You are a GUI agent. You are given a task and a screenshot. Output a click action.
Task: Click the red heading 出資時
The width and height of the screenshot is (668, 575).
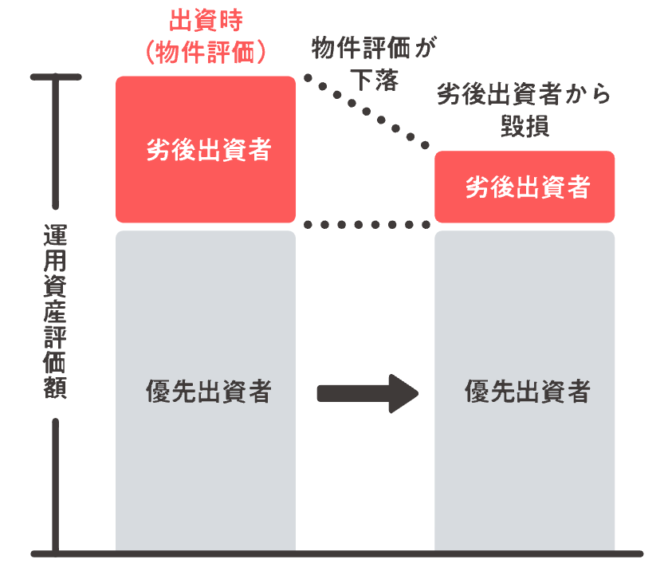(206, 20)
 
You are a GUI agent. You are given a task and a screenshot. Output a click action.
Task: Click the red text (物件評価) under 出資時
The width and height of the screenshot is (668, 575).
(206, 53)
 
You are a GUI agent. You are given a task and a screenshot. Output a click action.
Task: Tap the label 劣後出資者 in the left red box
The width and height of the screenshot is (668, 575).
(209, 150)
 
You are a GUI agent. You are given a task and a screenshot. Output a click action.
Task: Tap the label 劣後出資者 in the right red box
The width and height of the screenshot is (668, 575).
(528, 187)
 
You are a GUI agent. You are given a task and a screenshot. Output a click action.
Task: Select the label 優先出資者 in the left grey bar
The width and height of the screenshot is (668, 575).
(209, 391)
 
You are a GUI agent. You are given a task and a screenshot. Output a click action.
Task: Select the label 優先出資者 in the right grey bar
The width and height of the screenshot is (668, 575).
(528, 391)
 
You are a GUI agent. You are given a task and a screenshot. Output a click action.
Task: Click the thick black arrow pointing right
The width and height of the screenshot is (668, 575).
(367, 393)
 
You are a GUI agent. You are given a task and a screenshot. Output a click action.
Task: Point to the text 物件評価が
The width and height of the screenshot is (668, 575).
(374, 48)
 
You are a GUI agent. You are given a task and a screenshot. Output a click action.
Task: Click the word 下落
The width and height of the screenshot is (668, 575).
(374, 80)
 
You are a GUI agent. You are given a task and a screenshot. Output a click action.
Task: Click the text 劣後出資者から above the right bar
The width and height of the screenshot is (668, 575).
(524, 94)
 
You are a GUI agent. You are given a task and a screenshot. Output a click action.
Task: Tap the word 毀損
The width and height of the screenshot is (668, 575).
(525, 126)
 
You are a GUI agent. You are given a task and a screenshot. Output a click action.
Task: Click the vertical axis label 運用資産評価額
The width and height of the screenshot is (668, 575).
(55, 312)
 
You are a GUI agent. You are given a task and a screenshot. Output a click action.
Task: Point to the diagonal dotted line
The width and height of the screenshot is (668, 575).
(367, 112)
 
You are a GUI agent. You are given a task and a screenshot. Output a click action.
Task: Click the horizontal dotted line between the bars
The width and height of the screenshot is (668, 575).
(367, 225)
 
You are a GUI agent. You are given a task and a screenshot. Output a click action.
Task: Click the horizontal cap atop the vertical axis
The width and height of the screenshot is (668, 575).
(56, 77)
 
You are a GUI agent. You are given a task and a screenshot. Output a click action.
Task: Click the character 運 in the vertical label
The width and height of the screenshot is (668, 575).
(55, 235)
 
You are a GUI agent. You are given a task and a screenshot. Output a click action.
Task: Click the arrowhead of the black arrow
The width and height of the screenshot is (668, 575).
(403, 393)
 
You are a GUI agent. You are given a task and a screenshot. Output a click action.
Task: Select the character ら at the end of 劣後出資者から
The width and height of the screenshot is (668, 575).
(601, 95)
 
